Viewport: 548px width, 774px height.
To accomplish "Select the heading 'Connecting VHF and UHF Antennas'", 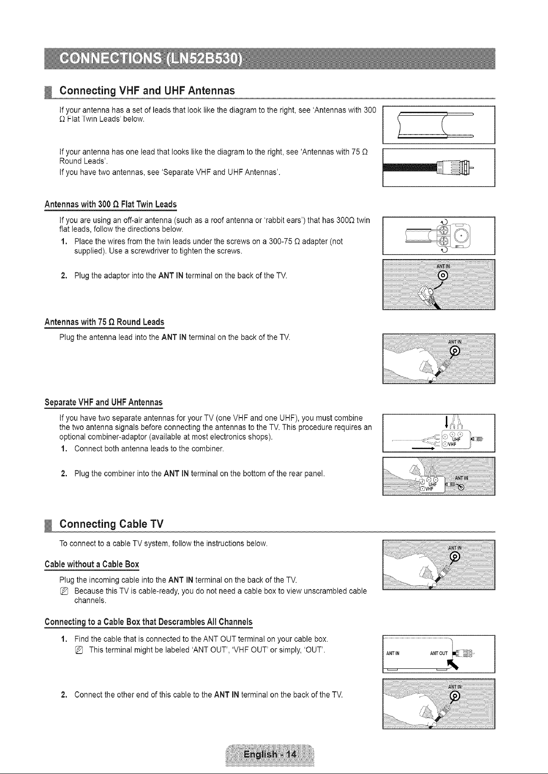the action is click(147, 90).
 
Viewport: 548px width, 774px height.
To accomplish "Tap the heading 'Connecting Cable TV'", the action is click(111, 524).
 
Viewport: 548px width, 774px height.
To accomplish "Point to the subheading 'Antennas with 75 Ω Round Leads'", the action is click(104, 322).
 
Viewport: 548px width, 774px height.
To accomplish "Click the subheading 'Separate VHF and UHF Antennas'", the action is click(103, 402).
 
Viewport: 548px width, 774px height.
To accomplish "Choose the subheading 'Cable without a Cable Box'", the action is click(91, 564).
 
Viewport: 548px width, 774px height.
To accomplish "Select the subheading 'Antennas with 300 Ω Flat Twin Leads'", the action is click(110, 204).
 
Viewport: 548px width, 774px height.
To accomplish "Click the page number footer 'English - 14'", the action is click(270, 754).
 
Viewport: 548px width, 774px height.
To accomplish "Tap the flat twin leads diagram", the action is click(439, 125).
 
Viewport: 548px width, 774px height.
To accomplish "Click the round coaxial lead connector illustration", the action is click(439, 168).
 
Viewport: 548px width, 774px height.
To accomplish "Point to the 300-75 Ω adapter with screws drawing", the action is click(439, 236).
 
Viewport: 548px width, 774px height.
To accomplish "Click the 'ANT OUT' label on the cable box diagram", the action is click(439, 653).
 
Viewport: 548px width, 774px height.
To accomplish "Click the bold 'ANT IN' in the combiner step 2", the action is click(176, 474).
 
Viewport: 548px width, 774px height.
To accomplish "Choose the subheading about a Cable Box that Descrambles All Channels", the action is click(148, 622).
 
